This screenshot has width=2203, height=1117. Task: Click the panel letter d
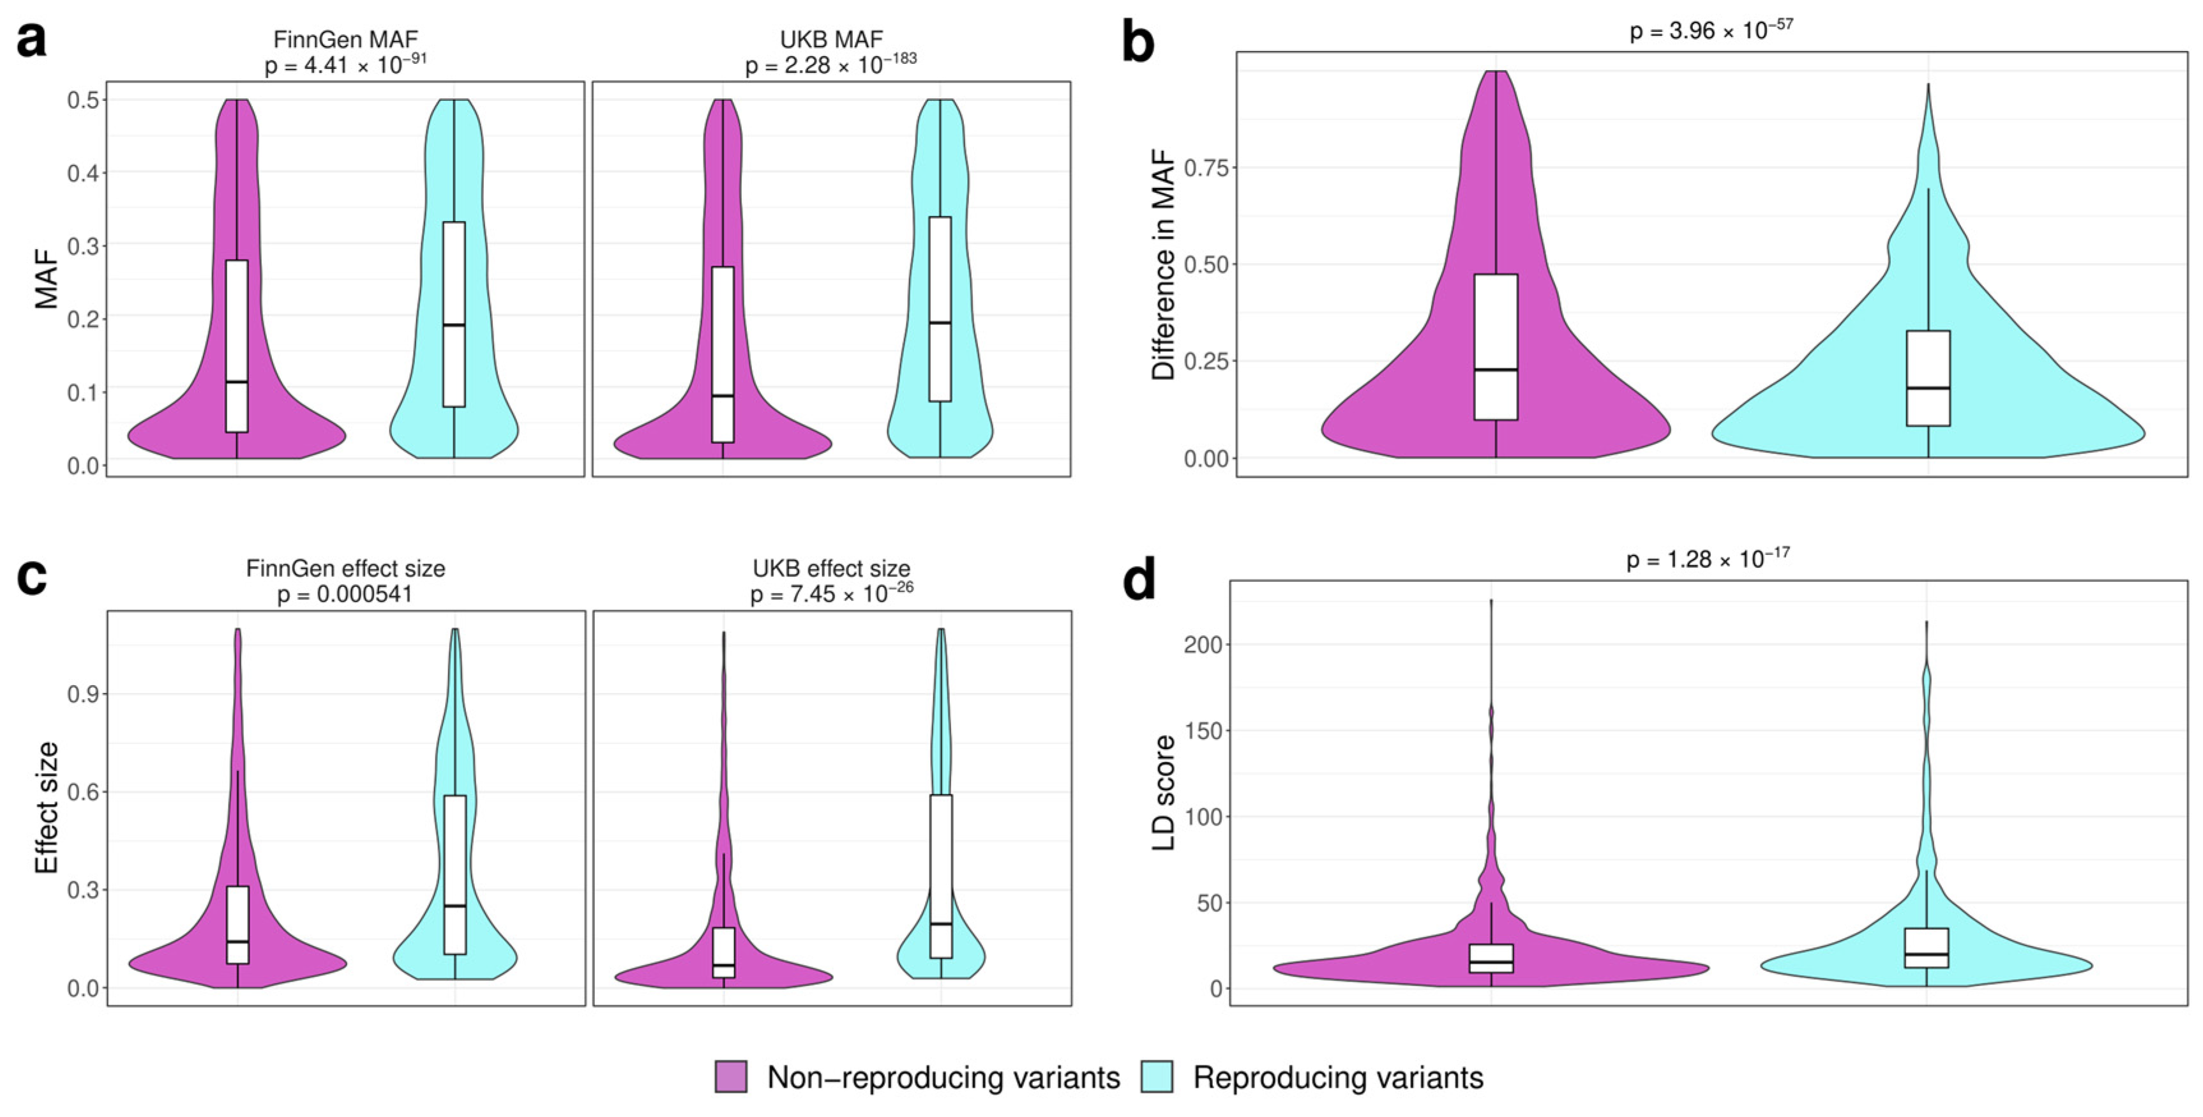tap(1138, 580)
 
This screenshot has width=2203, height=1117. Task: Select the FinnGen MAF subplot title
tap(345, 40)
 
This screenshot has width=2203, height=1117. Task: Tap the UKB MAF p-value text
tap(831, 64)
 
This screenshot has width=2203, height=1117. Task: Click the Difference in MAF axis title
tap(1163, 264)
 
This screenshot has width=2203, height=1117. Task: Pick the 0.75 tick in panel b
tap(1205, 167)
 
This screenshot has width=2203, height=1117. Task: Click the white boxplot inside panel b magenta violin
tap(1496, 346)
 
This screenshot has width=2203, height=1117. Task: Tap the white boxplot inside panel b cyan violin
tap(1928, 377)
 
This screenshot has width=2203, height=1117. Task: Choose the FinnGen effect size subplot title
tap(345, 568)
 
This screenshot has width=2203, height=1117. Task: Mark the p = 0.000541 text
tap(345, 593)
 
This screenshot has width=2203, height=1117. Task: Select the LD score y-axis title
tap(1163, 793)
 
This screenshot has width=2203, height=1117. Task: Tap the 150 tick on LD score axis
tap(1203, 731)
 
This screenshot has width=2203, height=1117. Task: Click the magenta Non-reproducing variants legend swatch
tap(730, 1077)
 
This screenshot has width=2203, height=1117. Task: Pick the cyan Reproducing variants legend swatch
tap(1156, 1077)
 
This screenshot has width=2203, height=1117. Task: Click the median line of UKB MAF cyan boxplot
tap(940, 323)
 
